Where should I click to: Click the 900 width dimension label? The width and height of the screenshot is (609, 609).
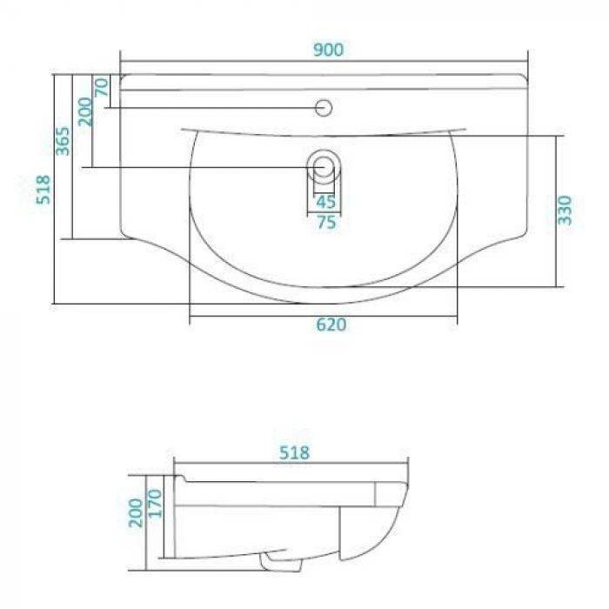click(x=328, y=50)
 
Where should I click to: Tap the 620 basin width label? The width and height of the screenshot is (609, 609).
click(x=331, y=325)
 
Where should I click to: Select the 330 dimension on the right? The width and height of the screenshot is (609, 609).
click(x=565, y=211)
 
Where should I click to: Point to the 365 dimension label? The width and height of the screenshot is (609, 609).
click(x=63, y=141)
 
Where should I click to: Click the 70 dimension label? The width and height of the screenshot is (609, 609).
click(x=102, y=87)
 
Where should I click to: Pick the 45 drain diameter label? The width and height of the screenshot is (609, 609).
click(x=325, y=202)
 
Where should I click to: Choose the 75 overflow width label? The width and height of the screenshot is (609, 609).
click(x=326, y=223)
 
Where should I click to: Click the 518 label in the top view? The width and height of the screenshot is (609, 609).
click(x=43, y=190)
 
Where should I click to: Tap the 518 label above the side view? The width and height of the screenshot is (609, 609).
click(x=294, y=453)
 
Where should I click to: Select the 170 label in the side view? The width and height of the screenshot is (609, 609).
click(x=155, y=504)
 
